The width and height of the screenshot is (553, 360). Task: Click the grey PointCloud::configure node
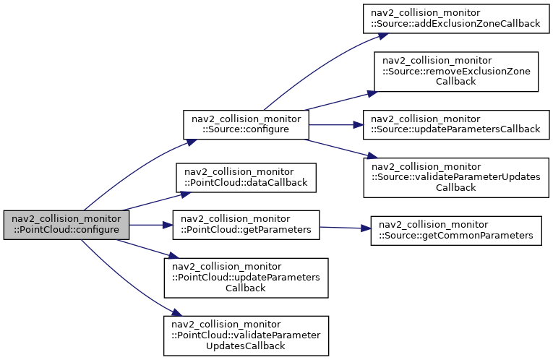[67, 225]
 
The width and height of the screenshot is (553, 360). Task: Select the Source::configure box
[246, 124]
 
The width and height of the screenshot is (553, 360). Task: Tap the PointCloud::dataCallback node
[246, 177]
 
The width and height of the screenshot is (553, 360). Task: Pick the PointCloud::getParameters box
[246, 225]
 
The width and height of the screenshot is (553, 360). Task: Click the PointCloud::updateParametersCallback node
[246, 278]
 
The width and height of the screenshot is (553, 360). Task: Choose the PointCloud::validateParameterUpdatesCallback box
[246, 335]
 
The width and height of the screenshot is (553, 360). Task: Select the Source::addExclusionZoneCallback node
[456, 19]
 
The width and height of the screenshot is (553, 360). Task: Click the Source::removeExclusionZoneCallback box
[456, 72]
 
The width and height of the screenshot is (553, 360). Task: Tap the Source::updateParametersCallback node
[456, 124]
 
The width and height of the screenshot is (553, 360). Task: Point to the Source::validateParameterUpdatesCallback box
[456, 177]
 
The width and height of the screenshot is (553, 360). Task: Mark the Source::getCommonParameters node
[456, 231]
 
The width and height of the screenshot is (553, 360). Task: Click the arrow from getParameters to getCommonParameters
[346, 228]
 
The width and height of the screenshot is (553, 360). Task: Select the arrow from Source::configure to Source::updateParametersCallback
[336, 124]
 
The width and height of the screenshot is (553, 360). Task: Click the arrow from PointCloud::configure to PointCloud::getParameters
[151, 225]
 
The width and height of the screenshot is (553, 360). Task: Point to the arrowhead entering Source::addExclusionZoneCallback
[383, 35]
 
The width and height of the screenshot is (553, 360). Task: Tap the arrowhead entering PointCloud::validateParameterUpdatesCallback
[176, 313]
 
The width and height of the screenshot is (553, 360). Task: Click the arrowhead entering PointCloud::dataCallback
[186, 194]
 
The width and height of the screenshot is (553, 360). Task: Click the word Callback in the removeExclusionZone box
[456, 82]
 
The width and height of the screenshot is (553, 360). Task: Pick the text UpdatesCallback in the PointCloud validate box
[246, 346]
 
